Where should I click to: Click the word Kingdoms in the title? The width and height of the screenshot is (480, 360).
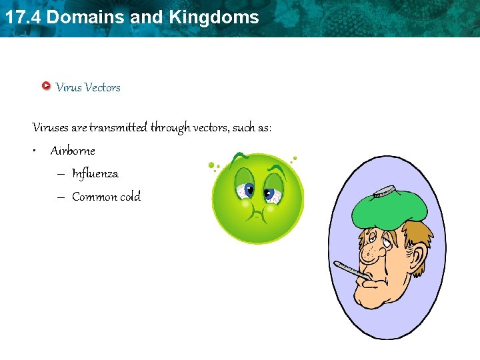[214, 17]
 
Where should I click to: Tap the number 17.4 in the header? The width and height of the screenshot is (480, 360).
[23, 17]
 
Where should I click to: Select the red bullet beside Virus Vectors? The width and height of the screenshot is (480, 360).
[45, 86]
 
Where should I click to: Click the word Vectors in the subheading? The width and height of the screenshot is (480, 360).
[103, 87]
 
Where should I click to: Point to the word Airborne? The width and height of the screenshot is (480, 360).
[73, 151]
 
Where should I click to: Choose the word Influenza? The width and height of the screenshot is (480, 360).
[95, 174]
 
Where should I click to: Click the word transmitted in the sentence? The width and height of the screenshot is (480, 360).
[118, 127]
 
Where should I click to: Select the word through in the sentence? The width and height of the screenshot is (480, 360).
[170, 127]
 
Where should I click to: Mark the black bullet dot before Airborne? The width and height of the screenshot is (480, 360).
[33, 151]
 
